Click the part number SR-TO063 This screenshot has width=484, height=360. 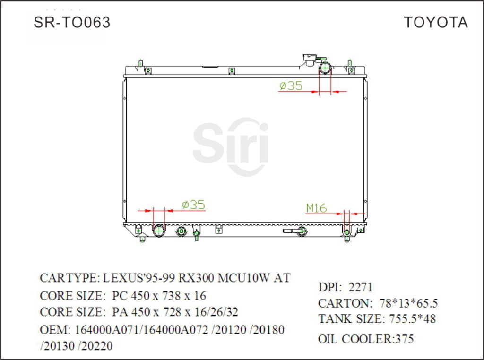tap(72, 22)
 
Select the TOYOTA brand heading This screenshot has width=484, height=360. tap(435, 22)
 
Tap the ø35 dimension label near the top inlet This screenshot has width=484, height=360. tap(291, 86)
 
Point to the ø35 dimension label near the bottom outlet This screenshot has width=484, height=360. tap(193, 205)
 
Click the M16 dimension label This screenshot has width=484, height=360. tap(316, 208)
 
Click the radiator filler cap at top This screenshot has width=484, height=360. tap(311, 59)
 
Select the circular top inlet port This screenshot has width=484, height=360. tap(325, 69)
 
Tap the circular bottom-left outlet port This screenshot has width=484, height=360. tap(159, 231)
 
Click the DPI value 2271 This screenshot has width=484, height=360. tap(360, 287)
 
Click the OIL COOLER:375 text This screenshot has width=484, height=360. tap(366, 339)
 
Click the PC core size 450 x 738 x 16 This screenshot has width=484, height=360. tap(159, 296)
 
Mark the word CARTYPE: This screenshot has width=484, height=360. tap(69, 278)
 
